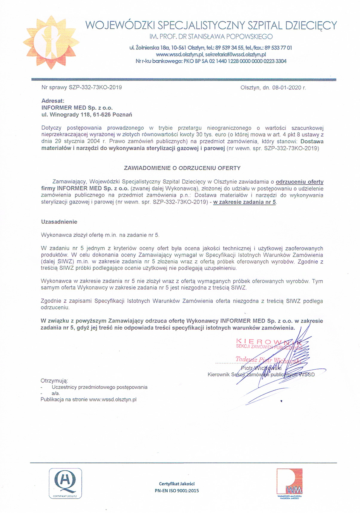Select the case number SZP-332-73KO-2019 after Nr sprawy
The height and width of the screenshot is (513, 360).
(95, 87)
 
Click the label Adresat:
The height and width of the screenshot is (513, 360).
(53, 101)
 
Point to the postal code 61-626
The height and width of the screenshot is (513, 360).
(101, 115)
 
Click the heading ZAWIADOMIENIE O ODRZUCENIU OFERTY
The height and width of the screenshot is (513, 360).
(182, 168)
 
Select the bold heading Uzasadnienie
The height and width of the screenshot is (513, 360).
(59, 222)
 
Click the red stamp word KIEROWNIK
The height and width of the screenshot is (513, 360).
(269, 341)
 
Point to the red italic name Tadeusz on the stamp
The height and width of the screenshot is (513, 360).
(246, 359)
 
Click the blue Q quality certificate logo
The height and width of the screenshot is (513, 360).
(65, 483)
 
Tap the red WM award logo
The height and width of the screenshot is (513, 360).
(289, 481)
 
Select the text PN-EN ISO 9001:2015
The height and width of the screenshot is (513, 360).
(177, 491)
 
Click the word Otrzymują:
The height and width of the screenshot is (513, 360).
(54, 381)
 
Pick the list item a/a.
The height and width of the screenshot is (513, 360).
(56, 394)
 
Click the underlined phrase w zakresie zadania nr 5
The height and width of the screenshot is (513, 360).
(245, 202)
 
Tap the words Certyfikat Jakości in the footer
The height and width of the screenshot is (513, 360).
(177, 484)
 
